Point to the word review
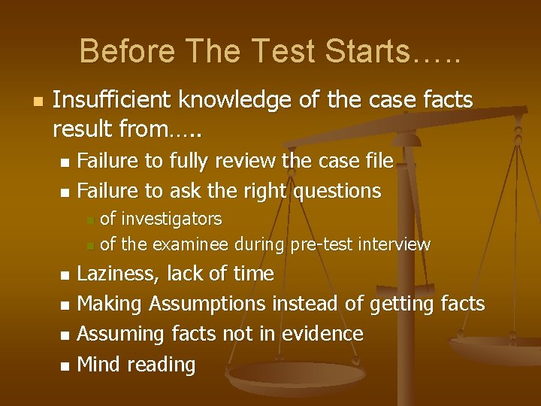click(x=246, y=160)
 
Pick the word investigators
click(x=171, y=219)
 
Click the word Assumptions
click(x=207, y=304)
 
